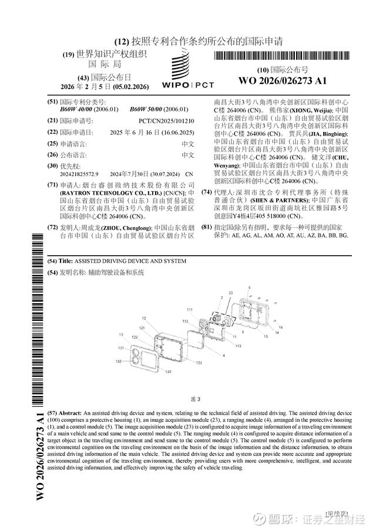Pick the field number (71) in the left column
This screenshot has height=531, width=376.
52,184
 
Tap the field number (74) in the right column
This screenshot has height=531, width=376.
207,192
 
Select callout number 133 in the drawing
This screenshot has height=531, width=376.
169,372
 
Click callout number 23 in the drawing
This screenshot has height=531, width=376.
230,293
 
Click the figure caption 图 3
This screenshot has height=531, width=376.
196,399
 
